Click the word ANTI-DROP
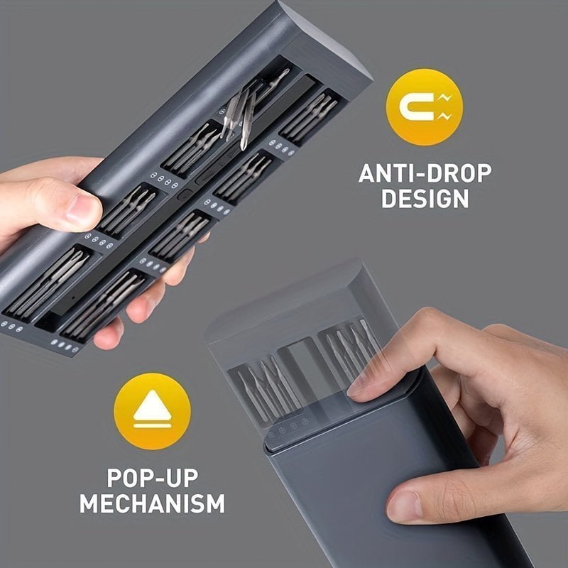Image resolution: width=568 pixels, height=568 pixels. (425, 173)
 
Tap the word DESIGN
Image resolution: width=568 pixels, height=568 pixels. (425, 198)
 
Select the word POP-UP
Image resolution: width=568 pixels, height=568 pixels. (153, 478)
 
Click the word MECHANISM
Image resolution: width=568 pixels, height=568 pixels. (153, 503)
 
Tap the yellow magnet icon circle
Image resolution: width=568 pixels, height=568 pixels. (425, 107)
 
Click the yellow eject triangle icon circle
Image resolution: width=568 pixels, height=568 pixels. (152, 411)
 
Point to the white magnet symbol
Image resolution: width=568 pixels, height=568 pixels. (417, 107)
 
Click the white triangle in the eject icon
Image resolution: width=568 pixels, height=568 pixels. (152, 405)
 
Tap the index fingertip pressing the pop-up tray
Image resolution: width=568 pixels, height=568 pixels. (359, 387)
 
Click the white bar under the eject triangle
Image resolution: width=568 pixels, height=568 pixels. (152, 425)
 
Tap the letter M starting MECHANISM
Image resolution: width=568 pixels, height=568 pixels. (90, 503)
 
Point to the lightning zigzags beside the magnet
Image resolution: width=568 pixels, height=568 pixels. (444, 107)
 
